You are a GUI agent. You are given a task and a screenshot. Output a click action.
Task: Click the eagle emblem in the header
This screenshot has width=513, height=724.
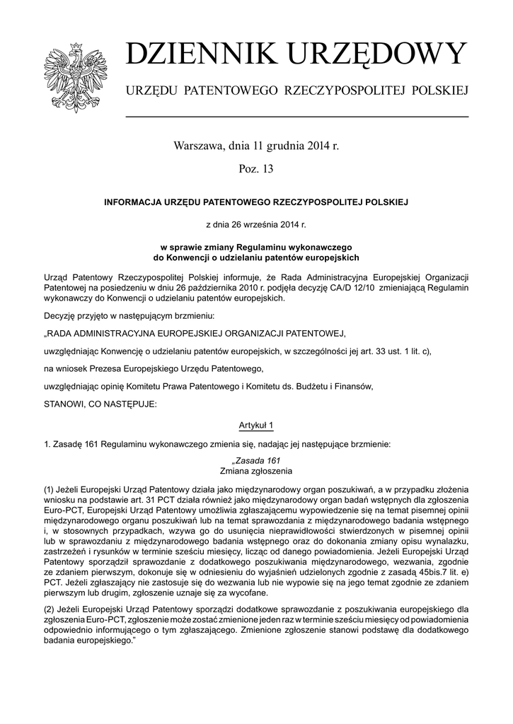[x=74, y=76]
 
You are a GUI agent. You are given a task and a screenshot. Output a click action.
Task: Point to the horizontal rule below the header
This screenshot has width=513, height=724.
[x=297, y=116]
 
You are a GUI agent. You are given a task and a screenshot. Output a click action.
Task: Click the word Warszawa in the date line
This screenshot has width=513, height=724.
[x=198, y=147]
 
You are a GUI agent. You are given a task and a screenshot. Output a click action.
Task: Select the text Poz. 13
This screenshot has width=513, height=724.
[x=256, y=169]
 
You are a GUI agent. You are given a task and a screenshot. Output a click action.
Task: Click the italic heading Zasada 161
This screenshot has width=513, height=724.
[x=256, y=460]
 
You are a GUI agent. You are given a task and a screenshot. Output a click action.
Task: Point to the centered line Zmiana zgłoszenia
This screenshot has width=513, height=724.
[x=256, y=470]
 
